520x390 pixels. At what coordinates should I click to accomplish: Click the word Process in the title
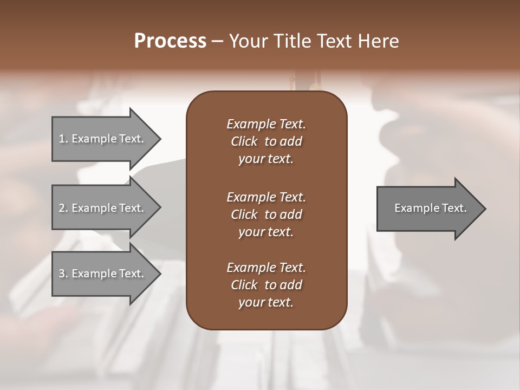170,41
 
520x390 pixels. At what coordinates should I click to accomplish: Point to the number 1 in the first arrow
62,139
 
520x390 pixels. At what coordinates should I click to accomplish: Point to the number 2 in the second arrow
62,208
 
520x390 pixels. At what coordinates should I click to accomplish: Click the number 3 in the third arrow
62,274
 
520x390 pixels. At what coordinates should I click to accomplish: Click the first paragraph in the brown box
266,141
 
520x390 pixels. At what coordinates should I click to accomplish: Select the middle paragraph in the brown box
266,214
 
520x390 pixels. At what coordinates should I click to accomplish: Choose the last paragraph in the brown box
266,285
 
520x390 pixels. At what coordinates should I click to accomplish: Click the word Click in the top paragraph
244,141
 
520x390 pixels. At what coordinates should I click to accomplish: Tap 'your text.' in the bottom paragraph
266,303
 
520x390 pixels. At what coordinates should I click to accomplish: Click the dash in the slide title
217,41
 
